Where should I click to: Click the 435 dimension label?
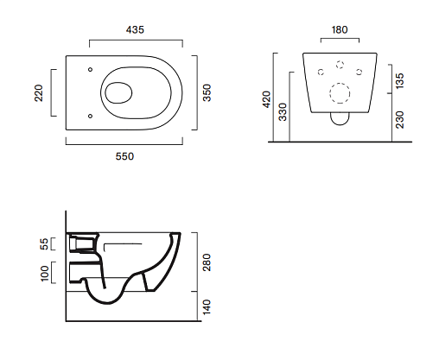[x=135, y=29]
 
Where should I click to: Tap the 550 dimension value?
[x=124, y=156]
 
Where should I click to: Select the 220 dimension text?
[x=38, y=93]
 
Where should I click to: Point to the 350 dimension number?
[x=207, y=92]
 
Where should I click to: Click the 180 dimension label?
[x=340, y=29]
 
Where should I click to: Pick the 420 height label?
[x=267, y=99]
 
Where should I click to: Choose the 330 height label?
[x=283, y=112]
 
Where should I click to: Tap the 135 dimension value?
[x=400, y=81]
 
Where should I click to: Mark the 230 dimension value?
[x=400, y=120]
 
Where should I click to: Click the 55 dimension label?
[x=44, y=244]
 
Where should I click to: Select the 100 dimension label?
[x=44, y=274]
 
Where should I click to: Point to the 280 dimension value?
[x=207, y=262]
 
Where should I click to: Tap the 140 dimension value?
[x=207, y=307]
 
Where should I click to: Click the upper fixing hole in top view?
[x=90, y=69]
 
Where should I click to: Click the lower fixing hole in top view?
[x=90, y=116]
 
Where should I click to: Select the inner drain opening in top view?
[x=118, y=93]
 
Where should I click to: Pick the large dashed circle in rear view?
[x=340, y=93]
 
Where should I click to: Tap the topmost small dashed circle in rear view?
[x=340, y=65]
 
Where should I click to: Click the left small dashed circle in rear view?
[x=321, y=72]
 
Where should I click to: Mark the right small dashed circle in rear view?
[x=359, y=72]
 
